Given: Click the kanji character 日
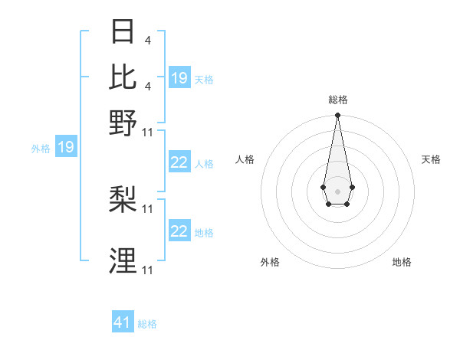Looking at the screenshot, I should point(123,31).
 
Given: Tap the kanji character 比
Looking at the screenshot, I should point(123,77).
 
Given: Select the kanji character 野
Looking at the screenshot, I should point(123,123).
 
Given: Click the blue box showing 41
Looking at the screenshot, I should point(123,322).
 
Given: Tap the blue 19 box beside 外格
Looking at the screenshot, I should point(66,147).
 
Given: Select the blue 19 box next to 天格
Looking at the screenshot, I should point(179,77).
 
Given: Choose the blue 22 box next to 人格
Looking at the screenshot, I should point(179,162).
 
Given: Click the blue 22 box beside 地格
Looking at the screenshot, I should point(179,231).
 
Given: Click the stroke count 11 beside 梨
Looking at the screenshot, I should point(148,208).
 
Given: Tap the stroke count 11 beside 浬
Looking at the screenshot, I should point(148,270).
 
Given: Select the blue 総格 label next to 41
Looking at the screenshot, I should point(147,324).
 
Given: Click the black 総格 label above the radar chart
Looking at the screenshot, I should point(337,100).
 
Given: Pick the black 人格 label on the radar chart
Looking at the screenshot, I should point(245,159).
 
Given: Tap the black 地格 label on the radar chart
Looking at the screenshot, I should point(402,262).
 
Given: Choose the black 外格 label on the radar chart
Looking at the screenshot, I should point(270,262).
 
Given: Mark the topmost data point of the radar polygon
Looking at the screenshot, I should point(337,116).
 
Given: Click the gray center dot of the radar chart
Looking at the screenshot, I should point(337,190).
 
